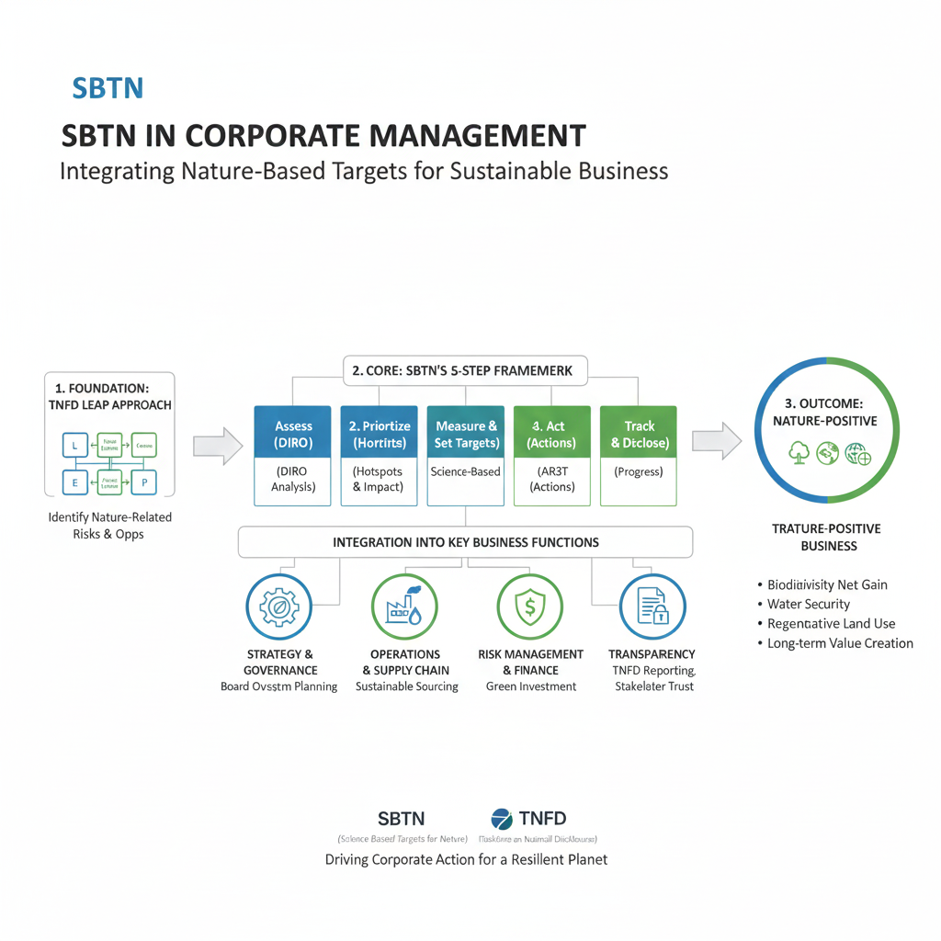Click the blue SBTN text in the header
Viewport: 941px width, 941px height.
(x=107, y=89)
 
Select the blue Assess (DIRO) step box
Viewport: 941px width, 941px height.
(x=293, y=434)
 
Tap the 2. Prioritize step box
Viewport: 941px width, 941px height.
(x=379, y=434)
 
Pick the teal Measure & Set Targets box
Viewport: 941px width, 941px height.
(x=465, y=434)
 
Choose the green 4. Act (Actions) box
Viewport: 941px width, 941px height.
(x=551, y=434)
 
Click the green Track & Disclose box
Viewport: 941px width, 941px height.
(x=639, y=434)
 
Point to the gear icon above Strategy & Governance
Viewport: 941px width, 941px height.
(x=278, y=607)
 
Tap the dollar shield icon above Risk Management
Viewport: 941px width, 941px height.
(x=530, y=607)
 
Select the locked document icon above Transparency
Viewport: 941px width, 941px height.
(x=652, y=607)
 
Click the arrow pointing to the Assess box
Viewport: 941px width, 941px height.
(x=218, y=446)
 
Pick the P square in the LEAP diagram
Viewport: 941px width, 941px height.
(x=144, y=482)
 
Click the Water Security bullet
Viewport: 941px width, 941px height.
(x=809, y=604)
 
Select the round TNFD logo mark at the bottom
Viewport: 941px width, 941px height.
(x=502, y=819)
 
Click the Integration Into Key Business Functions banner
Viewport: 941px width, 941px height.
(x=465, y=542)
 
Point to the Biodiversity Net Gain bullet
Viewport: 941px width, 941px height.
(x=827, y=584)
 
